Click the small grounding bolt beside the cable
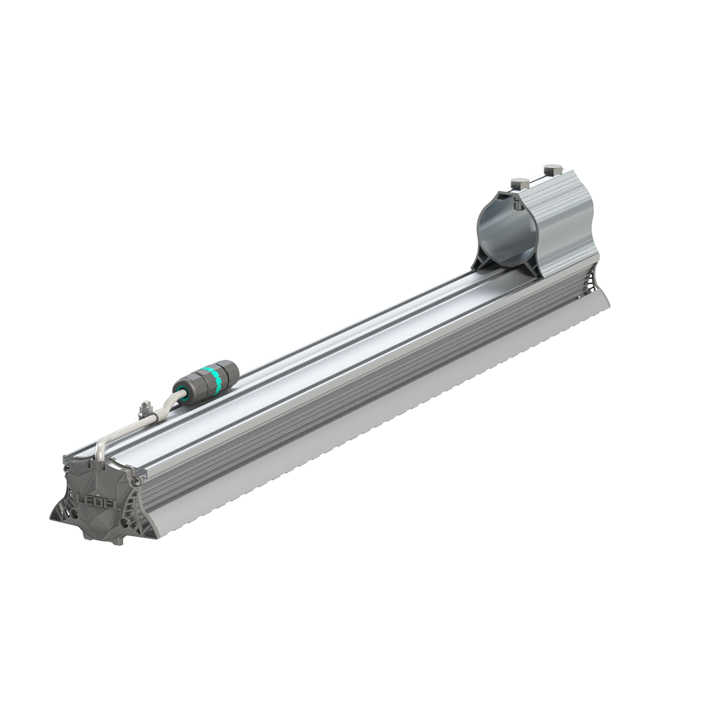tap(145, 408)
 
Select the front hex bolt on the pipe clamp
tap(519, 183)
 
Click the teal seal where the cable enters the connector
tap(183, 391)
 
